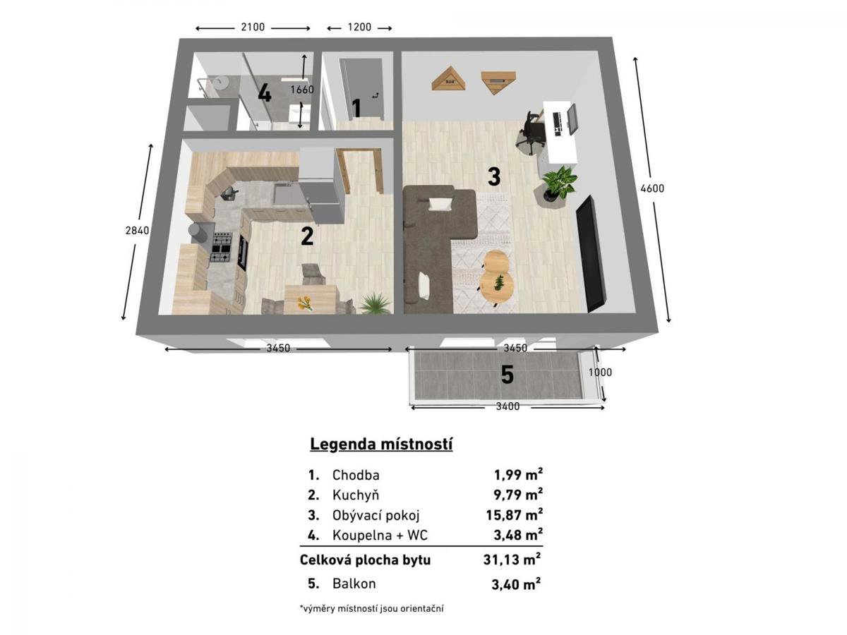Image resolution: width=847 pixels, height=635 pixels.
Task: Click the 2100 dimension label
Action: [x=253, y=28]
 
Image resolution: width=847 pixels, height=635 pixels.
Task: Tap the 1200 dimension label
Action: [x=359, y=28]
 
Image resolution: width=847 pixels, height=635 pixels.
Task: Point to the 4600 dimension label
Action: [x=652, y=188]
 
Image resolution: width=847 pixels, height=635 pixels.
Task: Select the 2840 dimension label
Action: [x=137, y=231]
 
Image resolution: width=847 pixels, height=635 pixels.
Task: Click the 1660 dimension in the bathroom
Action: [x=302, y=90]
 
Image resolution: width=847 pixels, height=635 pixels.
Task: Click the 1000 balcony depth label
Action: [x=600, y=373]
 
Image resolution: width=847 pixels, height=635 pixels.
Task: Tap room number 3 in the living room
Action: [x=494, y=176]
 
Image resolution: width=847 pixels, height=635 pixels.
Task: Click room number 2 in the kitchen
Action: [x=307, y=236]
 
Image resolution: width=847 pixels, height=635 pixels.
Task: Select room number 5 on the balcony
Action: [x=507, y=375]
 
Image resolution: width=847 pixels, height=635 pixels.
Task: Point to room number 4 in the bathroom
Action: [x=264, y=93]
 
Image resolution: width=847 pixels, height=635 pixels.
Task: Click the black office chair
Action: [x=531, y=132]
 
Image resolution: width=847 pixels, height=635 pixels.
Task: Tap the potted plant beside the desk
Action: [x=558, y=184]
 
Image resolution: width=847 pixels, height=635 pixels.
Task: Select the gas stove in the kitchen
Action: [x=221, y=247]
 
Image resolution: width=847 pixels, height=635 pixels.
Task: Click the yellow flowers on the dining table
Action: [x=304, y=303]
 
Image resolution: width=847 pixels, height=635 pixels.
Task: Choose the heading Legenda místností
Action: [x=381, y=445]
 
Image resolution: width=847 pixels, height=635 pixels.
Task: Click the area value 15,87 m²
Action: [x=514, y=515]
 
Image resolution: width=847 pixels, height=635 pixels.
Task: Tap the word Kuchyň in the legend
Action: [x=356, y=495]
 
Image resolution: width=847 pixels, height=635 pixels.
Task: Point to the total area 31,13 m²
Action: [x=512, y=560]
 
